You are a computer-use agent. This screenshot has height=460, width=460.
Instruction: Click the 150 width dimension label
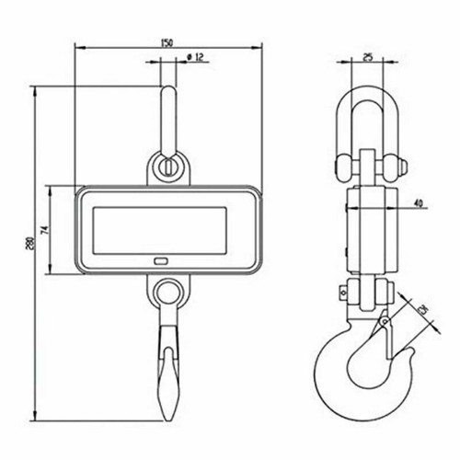166,42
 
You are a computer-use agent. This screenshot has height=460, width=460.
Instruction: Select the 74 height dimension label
56,230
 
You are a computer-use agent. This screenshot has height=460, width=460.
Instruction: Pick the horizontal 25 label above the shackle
368,57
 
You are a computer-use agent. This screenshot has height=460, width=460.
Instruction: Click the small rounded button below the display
163,261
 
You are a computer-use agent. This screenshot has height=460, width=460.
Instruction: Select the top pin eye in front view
167,167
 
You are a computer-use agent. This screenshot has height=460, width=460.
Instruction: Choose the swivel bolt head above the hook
347,293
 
